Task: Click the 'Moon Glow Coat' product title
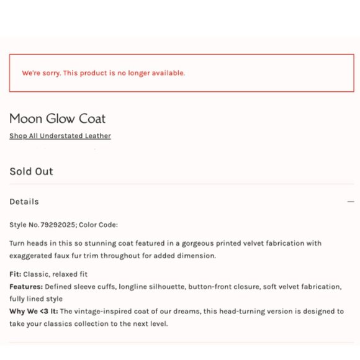(x=57, y=119)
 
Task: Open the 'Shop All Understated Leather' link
(x=60, y=136)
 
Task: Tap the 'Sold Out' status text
(x=31, y=171)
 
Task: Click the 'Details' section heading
(x=24, y=202)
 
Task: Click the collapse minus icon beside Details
(x=351, y=202)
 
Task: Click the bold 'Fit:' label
(x=16, y=274)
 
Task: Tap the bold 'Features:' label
(x=26, y=287)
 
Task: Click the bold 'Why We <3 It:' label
(x=34, y=311)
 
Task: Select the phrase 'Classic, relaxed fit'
(x=55, y=274)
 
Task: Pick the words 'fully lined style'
(x=36, y=299)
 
